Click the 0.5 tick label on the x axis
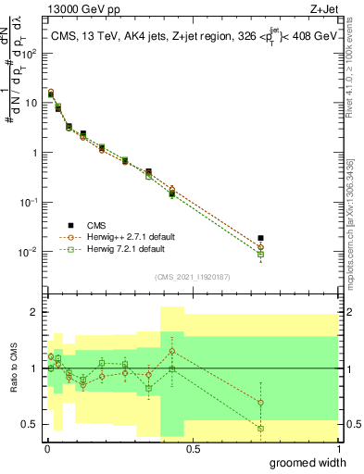coord(193,448)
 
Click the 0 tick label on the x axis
coord(46,448)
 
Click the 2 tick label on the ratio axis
coord(35,312)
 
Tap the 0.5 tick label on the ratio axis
coord(30,424)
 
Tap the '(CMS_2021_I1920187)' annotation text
coord(192,277)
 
